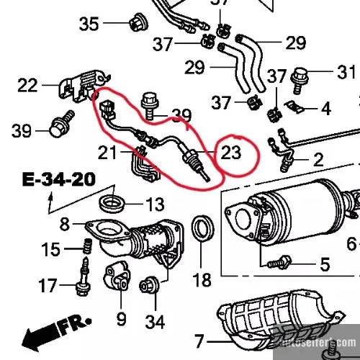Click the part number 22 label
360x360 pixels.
[27, 86]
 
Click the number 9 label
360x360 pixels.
[121, 318]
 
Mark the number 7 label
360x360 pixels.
[199, 339]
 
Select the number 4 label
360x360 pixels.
[325, 109]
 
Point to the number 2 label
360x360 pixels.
[318, 158]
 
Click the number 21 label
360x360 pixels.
[108, 152]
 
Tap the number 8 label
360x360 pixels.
[64, 224]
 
